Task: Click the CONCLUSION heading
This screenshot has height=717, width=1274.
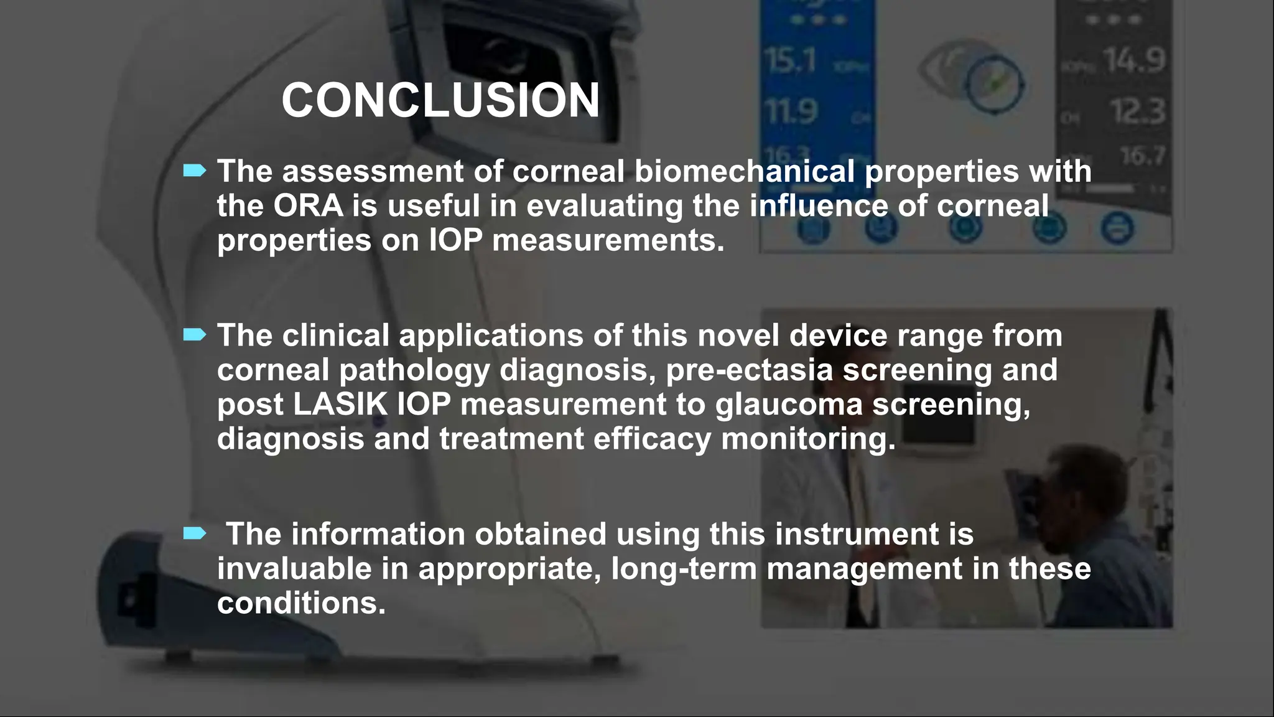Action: (440, 100)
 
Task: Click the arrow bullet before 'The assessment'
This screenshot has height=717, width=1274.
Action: (194, 171)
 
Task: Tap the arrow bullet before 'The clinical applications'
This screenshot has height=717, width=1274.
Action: (194, 335)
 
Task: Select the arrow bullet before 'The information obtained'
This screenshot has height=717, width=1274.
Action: (194, 533)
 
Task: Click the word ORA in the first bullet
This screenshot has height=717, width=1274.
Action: (308, 206)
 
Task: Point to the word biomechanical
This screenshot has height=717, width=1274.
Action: (744, 172)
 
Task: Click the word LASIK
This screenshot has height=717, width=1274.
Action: (340, 405)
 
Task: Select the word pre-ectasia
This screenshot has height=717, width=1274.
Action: (749, 370)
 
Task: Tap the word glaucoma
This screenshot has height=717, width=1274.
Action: (788, 405)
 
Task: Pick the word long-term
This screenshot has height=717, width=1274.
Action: (684, 569)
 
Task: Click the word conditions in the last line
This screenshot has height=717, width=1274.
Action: (301, 603)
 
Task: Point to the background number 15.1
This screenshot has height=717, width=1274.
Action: (789, 60)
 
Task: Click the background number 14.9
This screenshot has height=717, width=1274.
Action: (1134, 60)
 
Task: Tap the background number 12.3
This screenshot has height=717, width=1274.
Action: (1138, 111)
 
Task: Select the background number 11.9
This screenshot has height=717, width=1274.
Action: (791, 111)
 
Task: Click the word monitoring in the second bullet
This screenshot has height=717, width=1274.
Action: (808, 439)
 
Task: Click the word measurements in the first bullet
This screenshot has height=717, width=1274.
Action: (608, 240)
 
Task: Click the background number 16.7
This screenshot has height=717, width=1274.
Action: (1142, 156)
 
